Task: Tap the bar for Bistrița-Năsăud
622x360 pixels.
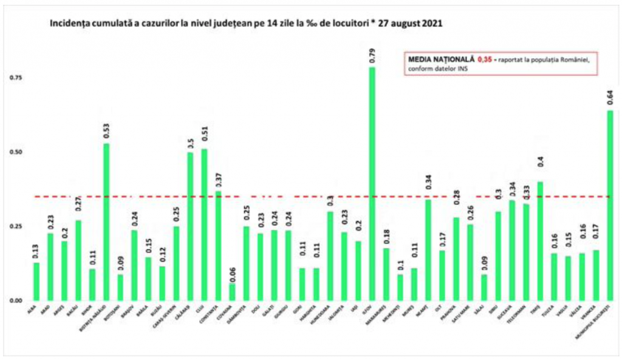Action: point(106,222)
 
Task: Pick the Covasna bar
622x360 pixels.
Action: point(232,292)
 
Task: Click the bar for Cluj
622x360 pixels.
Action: point(204,225)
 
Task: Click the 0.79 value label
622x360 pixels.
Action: point(372,54)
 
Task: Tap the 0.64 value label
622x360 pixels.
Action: point(610,97)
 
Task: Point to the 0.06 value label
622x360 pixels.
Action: point(232,271)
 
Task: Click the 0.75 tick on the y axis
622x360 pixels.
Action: point(16,78)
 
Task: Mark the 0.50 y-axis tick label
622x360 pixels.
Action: point(16,152)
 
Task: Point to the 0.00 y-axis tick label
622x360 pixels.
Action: point(16,301)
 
